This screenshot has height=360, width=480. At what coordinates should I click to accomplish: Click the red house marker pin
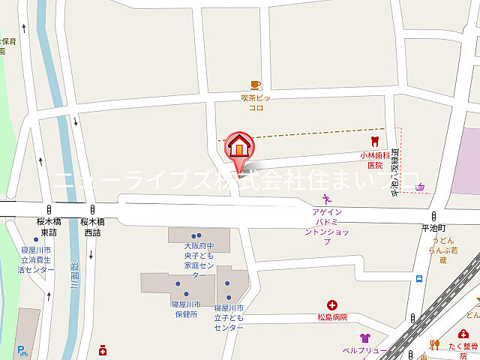pos(239,145)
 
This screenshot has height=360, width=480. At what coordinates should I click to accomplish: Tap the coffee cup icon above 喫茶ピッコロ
pos(256,85)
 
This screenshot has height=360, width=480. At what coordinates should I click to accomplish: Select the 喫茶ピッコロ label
pos(256,103)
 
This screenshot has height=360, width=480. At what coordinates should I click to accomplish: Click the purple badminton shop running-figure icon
pos(326,199)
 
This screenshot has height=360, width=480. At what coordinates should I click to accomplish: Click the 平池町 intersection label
pos(432,226)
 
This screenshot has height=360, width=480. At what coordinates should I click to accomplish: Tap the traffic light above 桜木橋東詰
pos(49,209)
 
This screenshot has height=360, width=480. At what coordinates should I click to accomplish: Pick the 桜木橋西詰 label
pos(91,227)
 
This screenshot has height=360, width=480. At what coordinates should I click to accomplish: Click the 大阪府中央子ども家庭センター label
pos(199,260)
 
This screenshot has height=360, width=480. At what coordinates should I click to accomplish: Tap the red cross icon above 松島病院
pos(331,304)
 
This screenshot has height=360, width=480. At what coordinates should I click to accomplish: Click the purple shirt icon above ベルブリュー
pos(364,338)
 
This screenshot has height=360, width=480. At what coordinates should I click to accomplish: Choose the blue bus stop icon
pos(418,280)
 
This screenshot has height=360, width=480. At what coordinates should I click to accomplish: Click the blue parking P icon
pos(22,349)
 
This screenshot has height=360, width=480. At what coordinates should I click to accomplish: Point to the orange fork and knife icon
pos(433,344)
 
